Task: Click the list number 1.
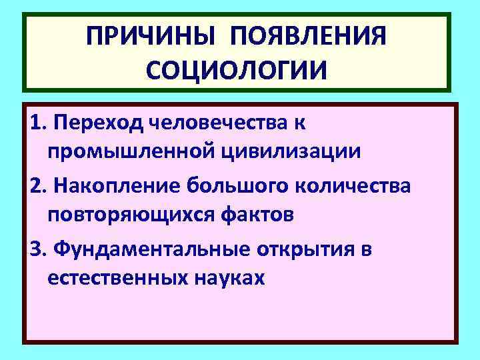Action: (37, 123)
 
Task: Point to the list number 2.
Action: (37, 186)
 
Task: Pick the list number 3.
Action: (37, 249)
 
